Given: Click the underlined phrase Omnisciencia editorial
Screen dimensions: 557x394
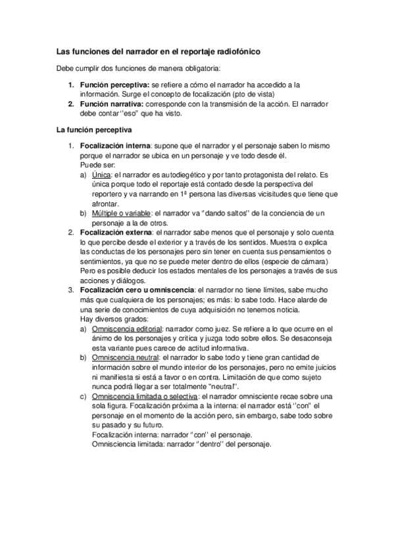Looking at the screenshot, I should pos(126,328).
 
